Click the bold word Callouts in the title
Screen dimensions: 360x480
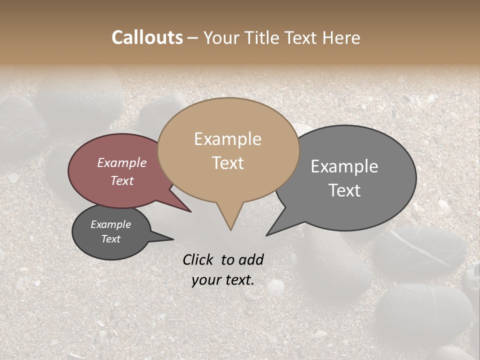147,37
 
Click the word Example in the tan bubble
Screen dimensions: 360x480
227,139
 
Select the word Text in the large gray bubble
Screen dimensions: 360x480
345,190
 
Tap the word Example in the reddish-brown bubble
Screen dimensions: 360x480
122,162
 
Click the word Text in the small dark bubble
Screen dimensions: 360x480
110,239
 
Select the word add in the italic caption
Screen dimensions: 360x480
251,259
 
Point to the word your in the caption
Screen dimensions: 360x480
206,280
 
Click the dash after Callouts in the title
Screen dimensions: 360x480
193,38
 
